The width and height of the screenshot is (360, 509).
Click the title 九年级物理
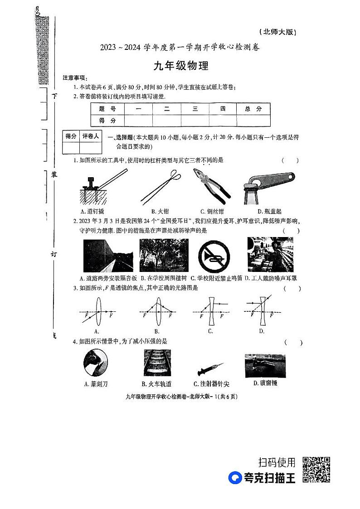tap(181, 66)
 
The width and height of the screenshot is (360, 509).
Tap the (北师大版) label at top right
tap(277, 32)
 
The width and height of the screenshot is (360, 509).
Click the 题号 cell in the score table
tap(107, 109)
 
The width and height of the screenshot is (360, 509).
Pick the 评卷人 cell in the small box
tap(90, 136)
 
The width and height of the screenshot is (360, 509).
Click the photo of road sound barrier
tap(108, 255)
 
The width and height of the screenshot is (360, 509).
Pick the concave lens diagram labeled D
tap(262, 311)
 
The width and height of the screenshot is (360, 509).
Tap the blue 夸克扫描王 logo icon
tap(235, 478)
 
